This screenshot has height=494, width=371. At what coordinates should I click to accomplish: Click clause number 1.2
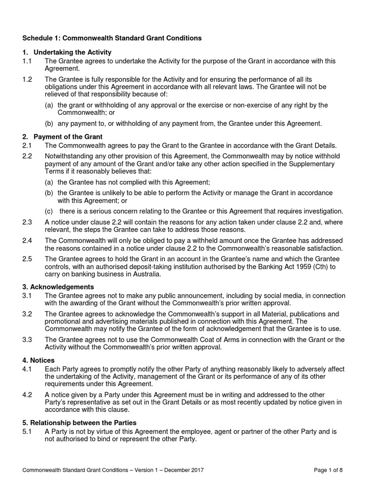(27, 79)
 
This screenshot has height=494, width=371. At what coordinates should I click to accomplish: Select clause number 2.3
(27, 222)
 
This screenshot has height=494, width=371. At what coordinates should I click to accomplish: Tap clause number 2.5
(27, 259)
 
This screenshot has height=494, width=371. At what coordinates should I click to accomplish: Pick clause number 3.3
(27, 340)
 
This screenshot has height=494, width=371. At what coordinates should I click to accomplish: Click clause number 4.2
(27, 395)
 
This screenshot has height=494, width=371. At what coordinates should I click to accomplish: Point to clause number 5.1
(27, 431)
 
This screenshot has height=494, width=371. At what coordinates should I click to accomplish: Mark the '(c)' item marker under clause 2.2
(49, 211)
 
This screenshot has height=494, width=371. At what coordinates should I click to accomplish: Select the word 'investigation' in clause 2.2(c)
(323, 211)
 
